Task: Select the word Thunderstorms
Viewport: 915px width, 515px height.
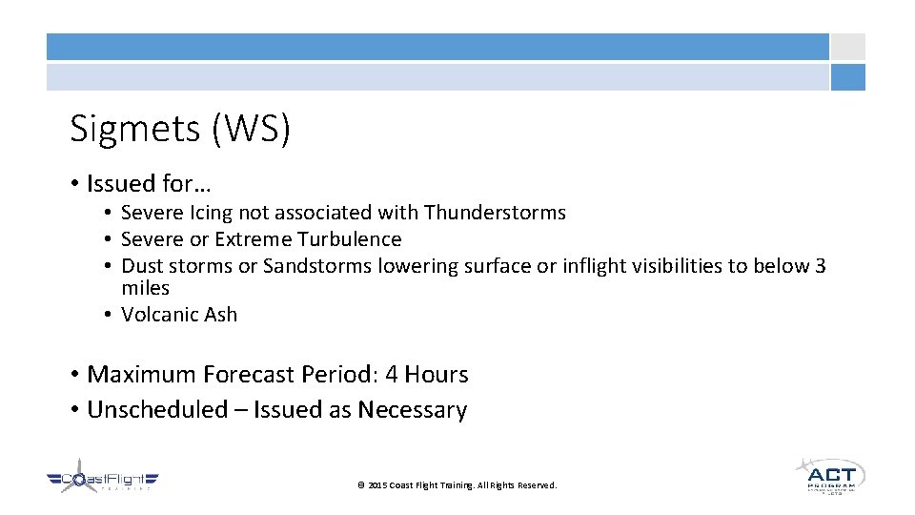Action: (x=495, y=213)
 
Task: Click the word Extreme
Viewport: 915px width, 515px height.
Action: (x=253, y=239)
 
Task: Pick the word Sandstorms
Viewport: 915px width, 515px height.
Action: (x=316, y=266)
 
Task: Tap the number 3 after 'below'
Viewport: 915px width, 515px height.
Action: (x=820, y=266)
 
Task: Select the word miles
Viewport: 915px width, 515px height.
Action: (x=145, y=288)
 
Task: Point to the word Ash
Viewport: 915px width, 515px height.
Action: (x=219, y=315)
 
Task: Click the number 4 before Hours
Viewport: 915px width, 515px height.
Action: (x=391, y=375)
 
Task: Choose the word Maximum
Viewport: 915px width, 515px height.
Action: (x=143, y=375)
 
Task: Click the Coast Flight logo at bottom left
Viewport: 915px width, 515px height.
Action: (x=103, y=481)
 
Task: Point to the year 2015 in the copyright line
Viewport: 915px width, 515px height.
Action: (x=377, y=485)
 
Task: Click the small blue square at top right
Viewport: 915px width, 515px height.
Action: (x=847, y=77)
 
